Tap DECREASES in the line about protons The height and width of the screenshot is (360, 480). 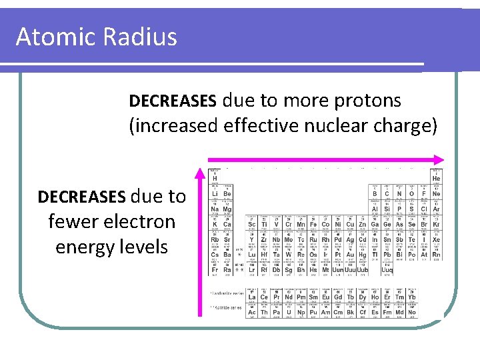172,101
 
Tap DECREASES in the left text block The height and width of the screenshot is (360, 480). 81,197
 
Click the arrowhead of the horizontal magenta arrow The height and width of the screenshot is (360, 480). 438,159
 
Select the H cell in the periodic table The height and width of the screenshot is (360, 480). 215,178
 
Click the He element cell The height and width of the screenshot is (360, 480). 436,178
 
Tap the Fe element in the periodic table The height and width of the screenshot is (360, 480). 313,223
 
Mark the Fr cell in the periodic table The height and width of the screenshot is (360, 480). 215,269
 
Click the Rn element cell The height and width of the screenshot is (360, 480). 436,253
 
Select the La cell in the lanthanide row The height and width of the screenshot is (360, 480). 252,296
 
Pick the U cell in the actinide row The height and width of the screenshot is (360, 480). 289,311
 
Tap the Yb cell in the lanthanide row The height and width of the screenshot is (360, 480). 411,296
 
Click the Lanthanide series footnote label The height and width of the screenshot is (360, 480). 225,293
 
